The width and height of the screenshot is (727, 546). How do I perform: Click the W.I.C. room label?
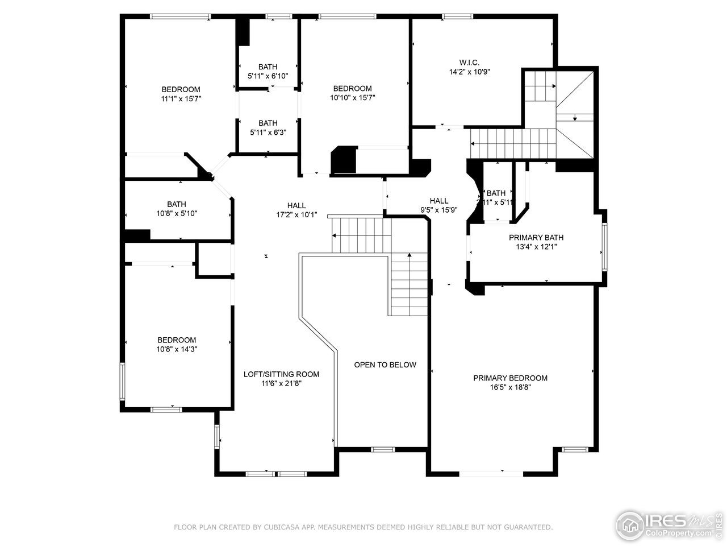(x=469, y=63)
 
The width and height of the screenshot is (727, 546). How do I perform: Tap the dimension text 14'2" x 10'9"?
(x=469, y=72)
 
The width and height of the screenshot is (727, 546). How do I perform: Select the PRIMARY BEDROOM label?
(x=511, y=378)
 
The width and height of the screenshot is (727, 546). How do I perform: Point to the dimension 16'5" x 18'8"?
(x=511, y=388)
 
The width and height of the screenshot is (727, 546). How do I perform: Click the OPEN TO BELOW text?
(x=385, y=365)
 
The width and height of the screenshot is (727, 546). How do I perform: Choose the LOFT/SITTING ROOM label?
(x=281, y=374)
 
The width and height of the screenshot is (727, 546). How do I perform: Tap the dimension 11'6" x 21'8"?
(x=281, y=384)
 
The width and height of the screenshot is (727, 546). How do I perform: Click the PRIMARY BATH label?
(x=536, y=237)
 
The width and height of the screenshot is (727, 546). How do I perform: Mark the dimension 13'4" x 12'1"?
(x=536, y=247)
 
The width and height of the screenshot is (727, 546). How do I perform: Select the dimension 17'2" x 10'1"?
(x=296, y=215)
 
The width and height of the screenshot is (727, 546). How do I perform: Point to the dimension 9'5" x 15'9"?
(x=438, y=210)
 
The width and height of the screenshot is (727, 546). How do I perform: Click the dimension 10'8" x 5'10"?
(x=177, y=214)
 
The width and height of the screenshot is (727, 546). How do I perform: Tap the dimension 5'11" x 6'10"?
(x=268, y=76)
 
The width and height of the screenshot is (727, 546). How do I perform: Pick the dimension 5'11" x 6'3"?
(x=268, y=133)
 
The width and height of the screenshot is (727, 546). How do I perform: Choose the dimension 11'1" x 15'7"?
(x=181, y=99)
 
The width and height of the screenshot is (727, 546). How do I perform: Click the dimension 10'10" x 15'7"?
(x=352, y=98)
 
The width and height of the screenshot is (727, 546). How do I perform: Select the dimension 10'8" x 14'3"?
(x=177, y=349)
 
